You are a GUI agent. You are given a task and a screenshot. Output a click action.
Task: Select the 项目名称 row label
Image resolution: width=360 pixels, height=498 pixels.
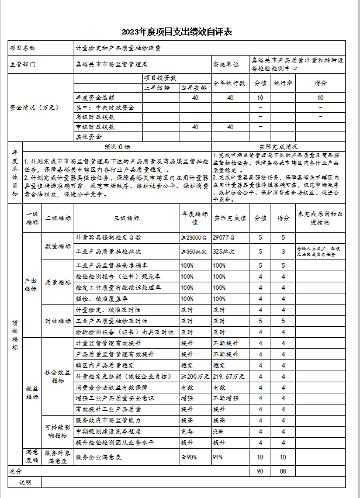tap(23, 47)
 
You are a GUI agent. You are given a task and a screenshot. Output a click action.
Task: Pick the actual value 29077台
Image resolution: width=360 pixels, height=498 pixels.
tap(224, 238)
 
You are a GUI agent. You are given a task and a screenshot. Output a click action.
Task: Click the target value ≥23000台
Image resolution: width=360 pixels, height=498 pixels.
tap(193, 238)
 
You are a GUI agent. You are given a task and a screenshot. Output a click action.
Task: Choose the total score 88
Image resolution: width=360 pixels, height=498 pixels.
tap(283, 471)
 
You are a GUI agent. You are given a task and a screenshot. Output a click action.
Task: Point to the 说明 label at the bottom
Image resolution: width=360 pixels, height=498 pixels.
tap(25, 482)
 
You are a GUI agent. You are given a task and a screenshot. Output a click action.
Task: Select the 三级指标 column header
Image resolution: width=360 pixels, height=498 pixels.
tap(127, 218)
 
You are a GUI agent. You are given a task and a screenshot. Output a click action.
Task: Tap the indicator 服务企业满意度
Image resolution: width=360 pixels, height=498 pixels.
tap(98, 456)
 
